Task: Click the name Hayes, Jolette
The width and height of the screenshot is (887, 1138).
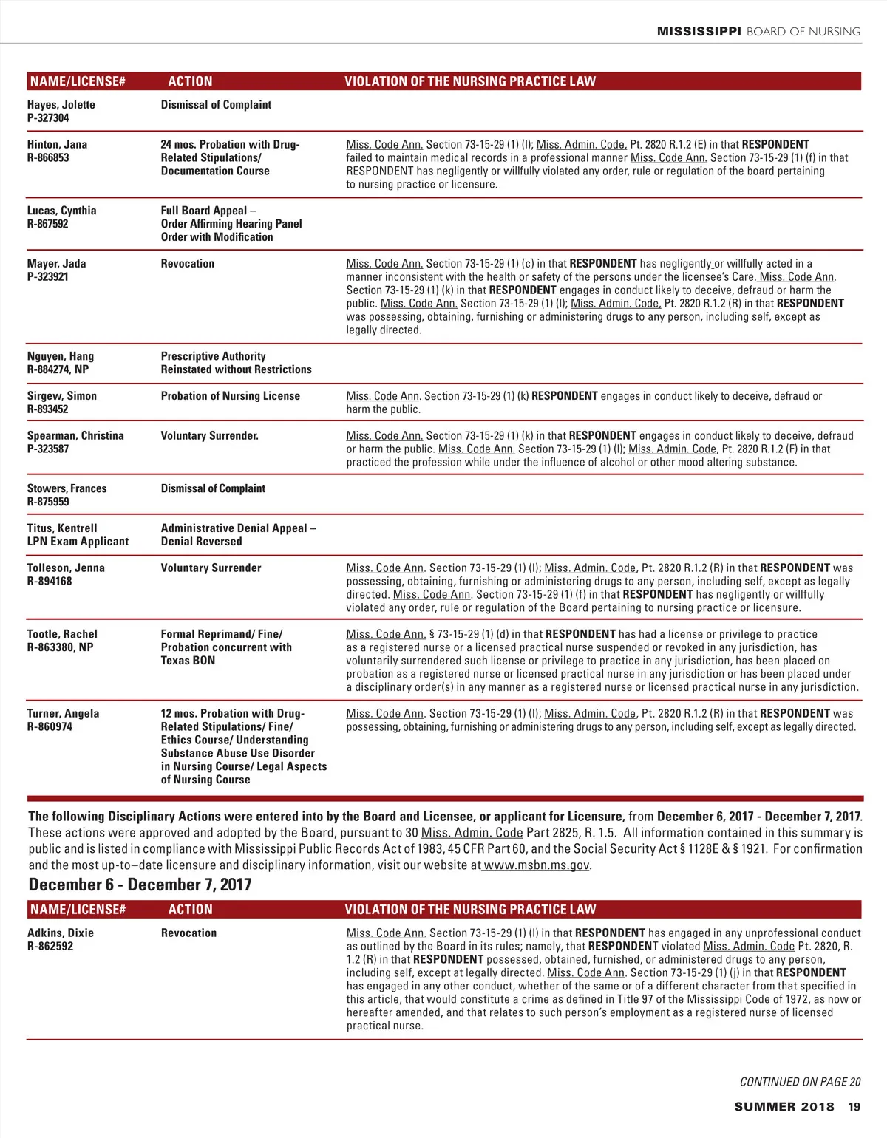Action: (61, 105)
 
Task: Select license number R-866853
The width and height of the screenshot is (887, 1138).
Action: (48, 158)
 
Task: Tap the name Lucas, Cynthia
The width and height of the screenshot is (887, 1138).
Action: (62, 211)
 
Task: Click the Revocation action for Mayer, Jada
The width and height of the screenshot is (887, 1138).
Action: (188, 264)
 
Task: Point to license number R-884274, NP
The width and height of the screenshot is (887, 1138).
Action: (58, 369)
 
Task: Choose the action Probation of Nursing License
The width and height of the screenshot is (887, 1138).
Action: (231, 396)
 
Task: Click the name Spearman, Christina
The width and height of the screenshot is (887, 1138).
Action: (75, 436)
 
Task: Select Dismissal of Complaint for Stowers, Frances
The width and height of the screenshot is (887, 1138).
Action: (213, 488)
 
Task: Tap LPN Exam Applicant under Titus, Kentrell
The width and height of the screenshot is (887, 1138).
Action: (78, 542)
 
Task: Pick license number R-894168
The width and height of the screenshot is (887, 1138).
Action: (50, 582)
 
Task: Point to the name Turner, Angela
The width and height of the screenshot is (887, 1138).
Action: (63, 714)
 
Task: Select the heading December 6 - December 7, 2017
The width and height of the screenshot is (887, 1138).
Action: (140, 885)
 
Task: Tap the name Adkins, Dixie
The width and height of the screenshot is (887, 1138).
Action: (61, 933)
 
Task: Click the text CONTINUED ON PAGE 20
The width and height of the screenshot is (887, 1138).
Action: (800, 1082)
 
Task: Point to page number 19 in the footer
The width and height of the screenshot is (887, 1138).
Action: (854, 1107)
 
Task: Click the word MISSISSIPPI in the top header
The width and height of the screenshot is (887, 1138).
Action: (699, 32)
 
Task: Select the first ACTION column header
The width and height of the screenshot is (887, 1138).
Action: (190, 81)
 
